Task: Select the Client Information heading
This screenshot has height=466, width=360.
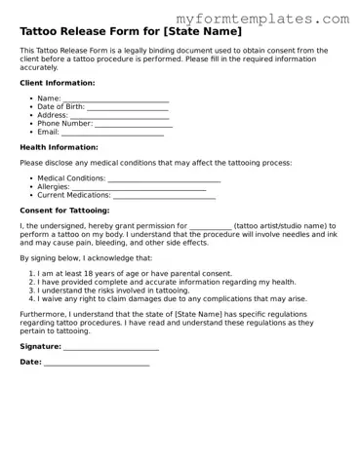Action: (x=58, y=83)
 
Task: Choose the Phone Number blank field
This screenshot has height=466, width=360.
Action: (x=134, y=124)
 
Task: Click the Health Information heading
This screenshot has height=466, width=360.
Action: (x=58, y=147)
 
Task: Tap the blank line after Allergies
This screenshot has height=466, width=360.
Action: (x=145, y=188)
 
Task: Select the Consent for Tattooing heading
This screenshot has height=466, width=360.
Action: (x=64, y=211)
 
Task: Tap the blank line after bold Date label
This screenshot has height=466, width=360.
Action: (x=97, y=363)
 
